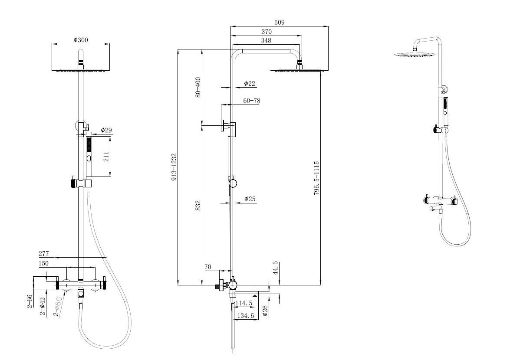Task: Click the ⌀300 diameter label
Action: click(81, 40)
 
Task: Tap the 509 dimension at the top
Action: click(279, 23)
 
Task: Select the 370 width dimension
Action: click(267, 32)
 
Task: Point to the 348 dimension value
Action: click(266, 41)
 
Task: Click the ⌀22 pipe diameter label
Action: click(250, 84)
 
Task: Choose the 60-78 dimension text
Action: click(252, 101)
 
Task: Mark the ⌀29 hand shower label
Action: click(106, 130)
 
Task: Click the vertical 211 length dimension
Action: click(106, 157)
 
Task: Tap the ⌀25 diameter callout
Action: click(250, 199)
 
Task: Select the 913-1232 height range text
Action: click(174, 167)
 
